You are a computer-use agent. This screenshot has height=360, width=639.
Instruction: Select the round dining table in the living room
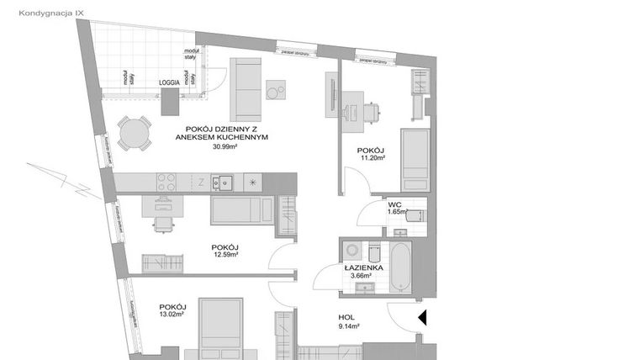[x=133, y=133]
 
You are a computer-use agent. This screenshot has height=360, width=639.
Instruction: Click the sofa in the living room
[x=247, y=89]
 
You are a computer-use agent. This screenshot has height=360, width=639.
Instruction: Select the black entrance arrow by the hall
[x=423, y=318]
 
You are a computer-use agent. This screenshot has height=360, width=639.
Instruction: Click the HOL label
[x=348, y=316]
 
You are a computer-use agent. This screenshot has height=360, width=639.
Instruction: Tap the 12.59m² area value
[x=225, y=257]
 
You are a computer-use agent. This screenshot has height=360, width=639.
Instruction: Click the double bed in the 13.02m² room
[x=221, y=327]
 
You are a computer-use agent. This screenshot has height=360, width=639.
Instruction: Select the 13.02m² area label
[x=173, y=317]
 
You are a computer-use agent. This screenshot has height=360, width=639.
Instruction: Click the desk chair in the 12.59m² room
[x=162, y=223]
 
